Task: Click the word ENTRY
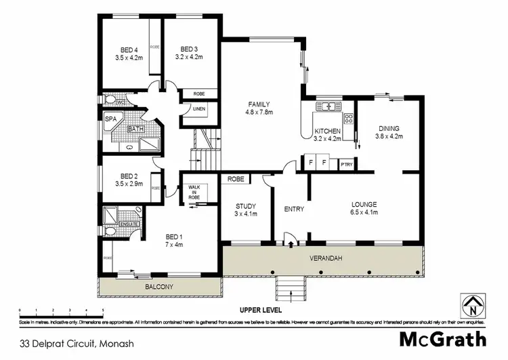[295, 209]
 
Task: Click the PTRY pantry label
[347, 163]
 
